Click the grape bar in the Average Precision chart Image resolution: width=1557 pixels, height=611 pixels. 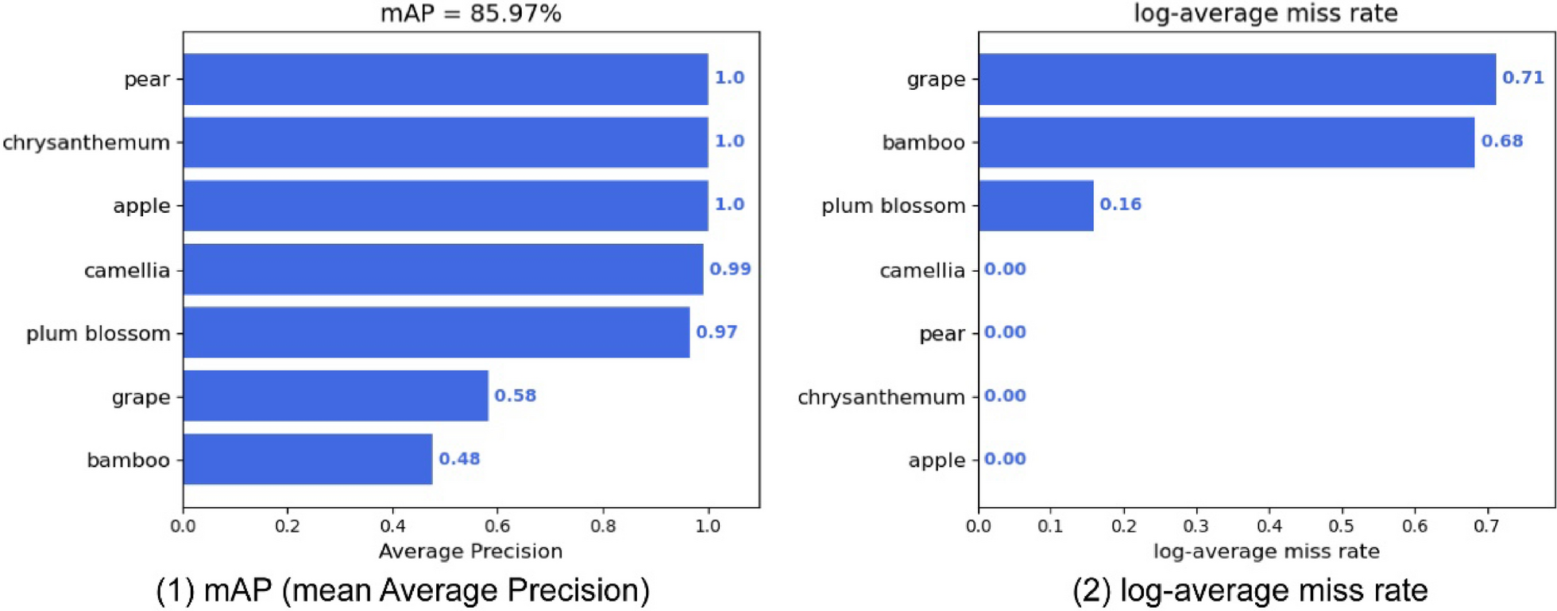[335, 396]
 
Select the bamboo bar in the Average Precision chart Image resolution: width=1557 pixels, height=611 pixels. [307, 459]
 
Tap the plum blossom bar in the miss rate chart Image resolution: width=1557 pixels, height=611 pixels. [1036, 206]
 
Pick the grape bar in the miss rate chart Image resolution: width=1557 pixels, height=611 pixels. [1237, 79]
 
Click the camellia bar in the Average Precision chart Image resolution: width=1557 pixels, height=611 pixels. [442, 269]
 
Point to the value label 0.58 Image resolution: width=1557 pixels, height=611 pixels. [515, 396]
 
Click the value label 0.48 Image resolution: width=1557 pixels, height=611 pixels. [459, 459]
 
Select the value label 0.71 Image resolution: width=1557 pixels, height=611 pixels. [1523, 78]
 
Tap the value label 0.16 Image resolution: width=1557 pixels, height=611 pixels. [1120, 205]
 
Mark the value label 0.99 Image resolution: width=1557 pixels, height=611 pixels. [730, 269]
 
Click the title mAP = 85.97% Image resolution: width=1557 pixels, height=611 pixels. [470, 14]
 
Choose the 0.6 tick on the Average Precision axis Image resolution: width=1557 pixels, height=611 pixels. [497, 526]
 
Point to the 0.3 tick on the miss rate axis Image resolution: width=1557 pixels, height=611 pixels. [1196, 526]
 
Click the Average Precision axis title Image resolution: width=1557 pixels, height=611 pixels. [470, 551]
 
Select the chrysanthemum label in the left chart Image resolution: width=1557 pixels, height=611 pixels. [86, 143]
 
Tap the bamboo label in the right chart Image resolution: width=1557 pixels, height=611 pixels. [923, 143]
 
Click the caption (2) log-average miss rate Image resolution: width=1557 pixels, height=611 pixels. [1250, 590]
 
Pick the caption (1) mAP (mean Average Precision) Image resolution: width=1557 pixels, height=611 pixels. [403, 590]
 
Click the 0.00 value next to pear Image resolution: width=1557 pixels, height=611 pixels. [1005, 332]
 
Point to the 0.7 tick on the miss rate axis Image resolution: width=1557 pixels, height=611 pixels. [1486, 526]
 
